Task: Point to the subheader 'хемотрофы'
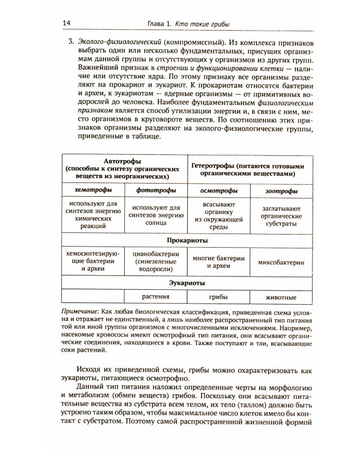click(x=91, y=190)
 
